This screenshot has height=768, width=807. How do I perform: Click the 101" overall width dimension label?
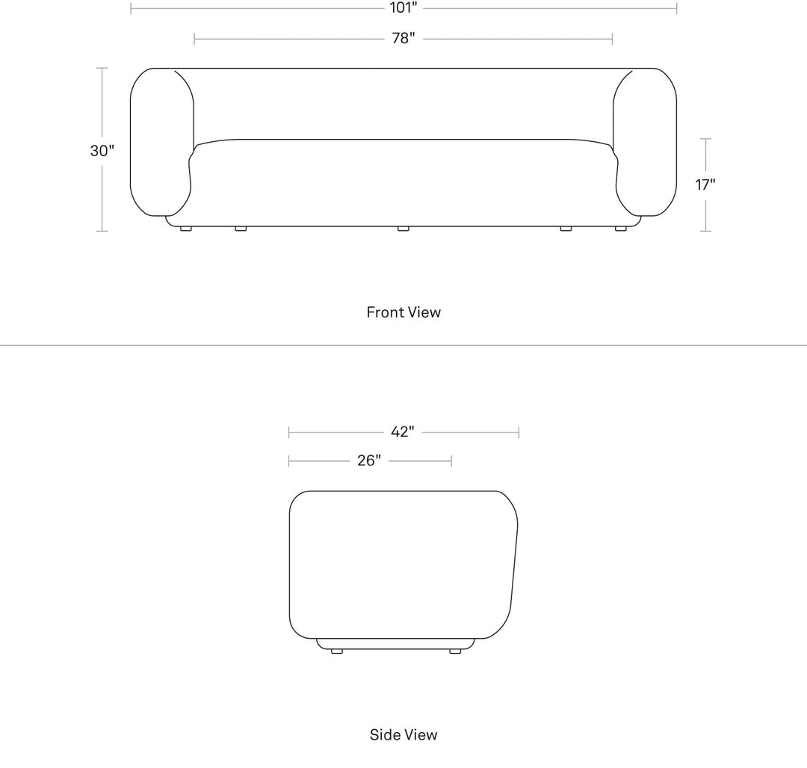[403, 7]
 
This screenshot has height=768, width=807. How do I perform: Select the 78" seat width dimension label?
[403, 39]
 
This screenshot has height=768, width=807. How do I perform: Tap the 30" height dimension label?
[102, 151]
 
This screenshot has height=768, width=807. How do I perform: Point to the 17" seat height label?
[705, 184]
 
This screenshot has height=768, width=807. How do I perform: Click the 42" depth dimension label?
[403, 432]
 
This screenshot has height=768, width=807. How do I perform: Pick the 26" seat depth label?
[369, 460]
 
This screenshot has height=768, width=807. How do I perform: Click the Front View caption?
[403, 312]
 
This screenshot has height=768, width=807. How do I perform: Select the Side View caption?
[403, 734]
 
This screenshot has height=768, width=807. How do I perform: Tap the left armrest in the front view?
[161, 142]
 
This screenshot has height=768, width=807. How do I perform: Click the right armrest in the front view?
[645, 142]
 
